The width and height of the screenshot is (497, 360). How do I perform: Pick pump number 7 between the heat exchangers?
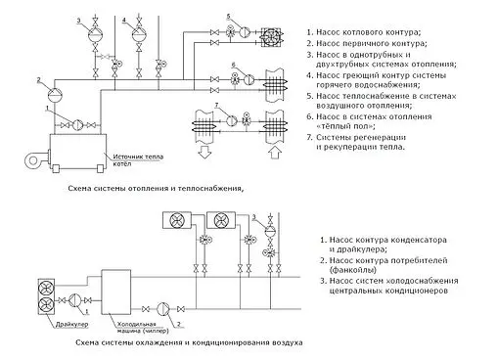pyautogui.click(x=230, y=119)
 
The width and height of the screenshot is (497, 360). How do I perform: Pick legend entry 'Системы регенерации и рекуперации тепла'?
pyautogui.click(x=370, y=143)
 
